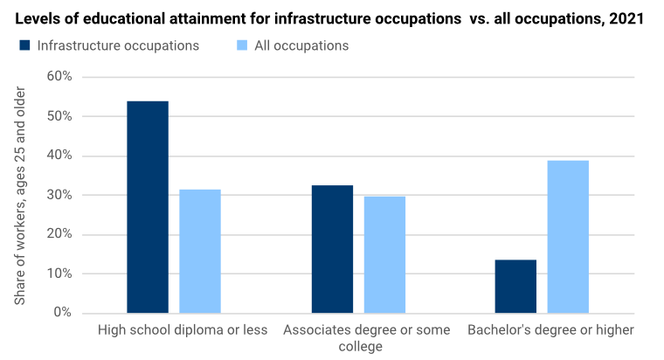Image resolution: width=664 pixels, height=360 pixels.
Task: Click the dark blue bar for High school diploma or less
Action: [x=148, y=206]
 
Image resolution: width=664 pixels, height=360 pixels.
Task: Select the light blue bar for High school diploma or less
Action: [x=200, y=251]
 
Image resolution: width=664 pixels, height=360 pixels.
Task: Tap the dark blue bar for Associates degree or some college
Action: [x=332, y=249]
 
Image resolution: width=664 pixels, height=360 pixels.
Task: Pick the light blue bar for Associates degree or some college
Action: [x=384, y=253]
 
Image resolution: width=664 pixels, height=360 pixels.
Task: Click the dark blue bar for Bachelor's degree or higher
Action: [x=515, y=286]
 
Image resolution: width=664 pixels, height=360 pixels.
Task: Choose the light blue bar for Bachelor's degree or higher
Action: [x=568, y=236]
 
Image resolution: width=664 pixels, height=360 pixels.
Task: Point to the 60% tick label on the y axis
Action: [x=59, y=77]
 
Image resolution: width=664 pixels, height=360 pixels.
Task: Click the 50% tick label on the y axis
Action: [x=59, y=116]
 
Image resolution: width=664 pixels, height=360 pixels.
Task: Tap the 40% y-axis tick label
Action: [x=59, y=156]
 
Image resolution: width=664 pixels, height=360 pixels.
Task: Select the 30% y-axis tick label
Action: [x=59, y=195]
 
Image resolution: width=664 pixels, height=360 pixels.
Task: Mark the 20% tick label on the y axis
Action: [x=59, y=234]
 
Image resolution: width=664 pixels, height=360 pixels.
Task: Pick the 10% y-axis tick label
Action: [x=59, y=273]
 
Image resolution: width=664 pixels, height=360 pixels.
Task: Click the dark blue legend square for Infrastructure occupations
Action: [x=24, y=45]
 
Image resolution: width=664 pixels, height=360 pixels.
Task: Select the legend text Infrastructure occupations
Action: [x=118, y=45]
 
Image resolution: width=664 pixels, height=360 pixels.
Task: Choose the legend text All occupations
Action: [x=301, y=45]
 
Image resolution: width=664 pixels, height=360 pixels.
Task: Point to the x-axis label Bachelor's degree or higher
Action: [x=550, y=330]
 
